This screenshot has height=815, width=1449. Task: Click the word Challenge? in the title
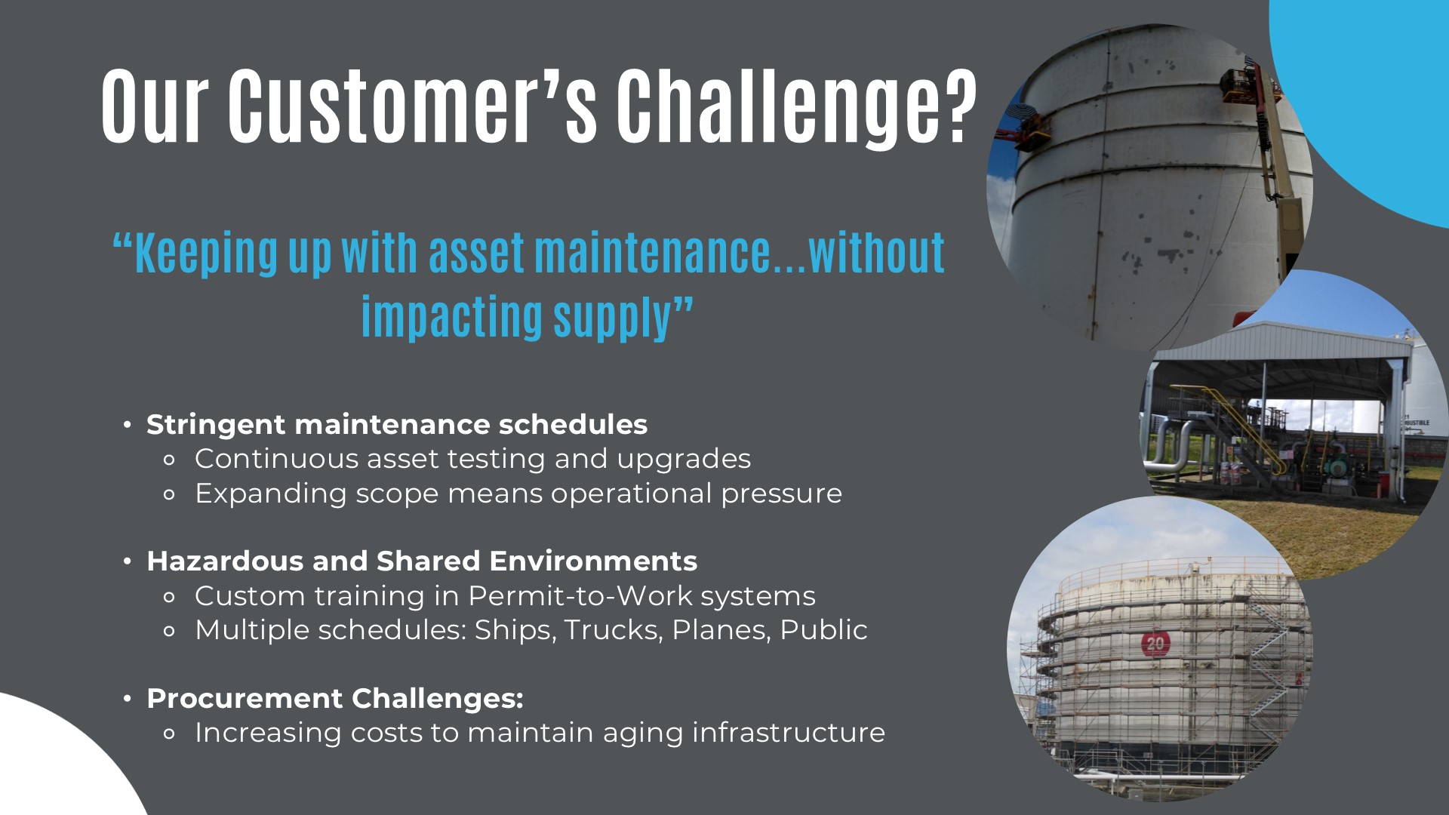(797, 106)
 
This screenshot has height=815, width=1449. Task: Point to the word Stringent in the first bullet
(216, 425)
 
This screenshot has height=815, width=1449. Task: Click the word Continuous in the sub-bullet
(277, 459)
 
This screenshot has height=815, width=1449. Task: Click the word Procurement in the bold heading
(245, 699)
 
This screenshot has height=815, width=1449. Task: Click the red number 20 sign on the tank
(1155, 644)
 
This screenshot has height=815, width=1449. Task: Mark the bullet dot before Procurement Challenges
(128, 699)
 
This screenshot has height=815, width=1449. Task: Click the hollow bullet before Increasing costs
(169, 733)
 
